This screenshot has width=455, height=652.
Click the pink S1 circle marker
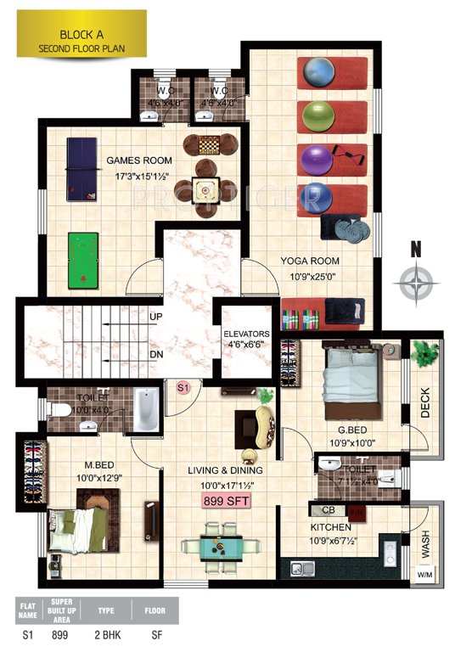click(183, 387)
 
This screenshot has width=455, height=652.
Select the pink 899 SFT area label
click(225, 502)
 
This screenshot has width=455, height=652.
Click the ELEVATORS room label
click(246, 334)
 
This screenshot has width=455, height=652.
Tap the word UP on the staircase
click(156, 317)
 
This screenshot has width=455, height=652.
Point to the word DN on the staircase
click(156, 355)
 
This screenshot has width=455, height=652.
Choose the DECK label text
click(425, 402)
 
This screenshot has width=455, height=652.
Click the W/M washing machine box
click(424, 575)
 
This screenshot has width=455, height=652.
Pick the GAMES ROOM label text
click(139, 160)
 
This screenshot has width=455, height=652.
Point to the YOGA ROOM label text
click(310, 261)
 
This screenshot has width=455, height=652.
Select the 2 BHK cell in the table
click(106, 633)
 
